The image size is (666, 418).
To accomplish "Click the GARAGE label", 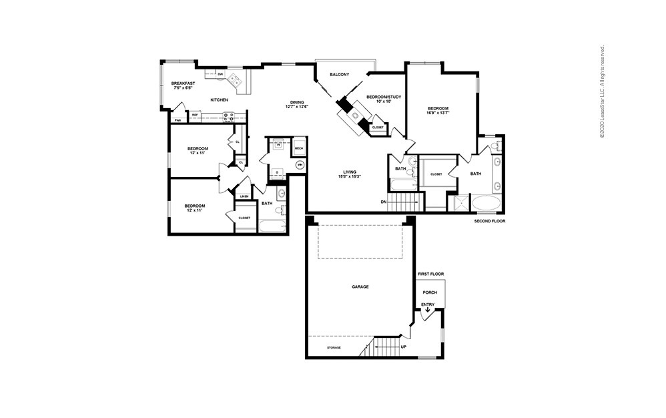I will click(x=360, y=286).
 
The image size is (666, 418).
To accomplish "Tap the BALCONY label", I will click(x=339, y=74).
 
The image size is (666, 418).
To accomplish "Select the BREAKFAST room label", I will click(x=184, y=83).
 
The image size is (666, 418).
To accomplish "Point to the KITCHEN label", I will click(x=220, y=99).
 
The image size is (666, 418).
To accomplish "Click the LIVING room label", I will click(x=350, y=172).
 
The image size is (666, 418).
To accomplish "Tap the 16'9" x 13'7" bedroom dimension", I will click(x=438, y=113).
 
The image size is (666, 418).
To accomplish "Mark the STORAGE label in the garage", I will click(x=334, y=348).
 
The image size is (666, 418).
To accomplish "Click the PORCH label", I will click(x=430, y=292).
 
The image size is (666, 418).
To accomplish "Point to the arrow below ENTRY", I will click(x=428, y=310).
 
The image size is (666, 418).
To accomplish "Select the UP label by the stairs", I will click(x=403, y=347).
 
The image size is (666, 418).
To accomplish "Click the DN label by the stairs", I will click(x=384, y=201).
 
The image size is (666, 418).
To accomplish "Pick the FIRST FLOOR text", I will click(x=430, y=274).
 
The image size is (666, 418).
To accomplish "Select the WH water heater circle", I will click(x=300, y=164).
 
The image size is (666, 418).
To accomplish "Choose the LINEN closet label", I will click(x=244, y=196).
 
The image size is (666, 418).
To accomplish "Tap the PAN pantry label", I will click(x=178, y=120).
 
